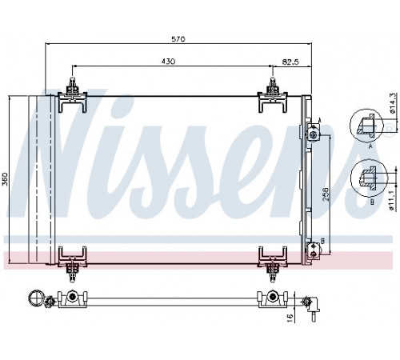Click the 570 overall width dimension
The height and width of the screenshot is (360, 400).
click(x=178, y=39)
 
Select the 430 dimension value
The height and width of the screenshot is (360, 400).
click(x=168, y=62)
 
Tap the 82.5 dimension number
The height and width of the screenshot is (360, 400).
click(x=290, y=62)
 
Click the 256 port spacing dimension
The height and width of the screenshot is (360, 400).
click(x=326, y=194)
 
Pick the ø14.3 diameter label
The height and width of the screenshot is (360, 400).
click(x=392, y=103)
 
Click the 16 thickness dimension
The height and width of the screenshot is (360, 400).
click(x=290, y=317)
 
